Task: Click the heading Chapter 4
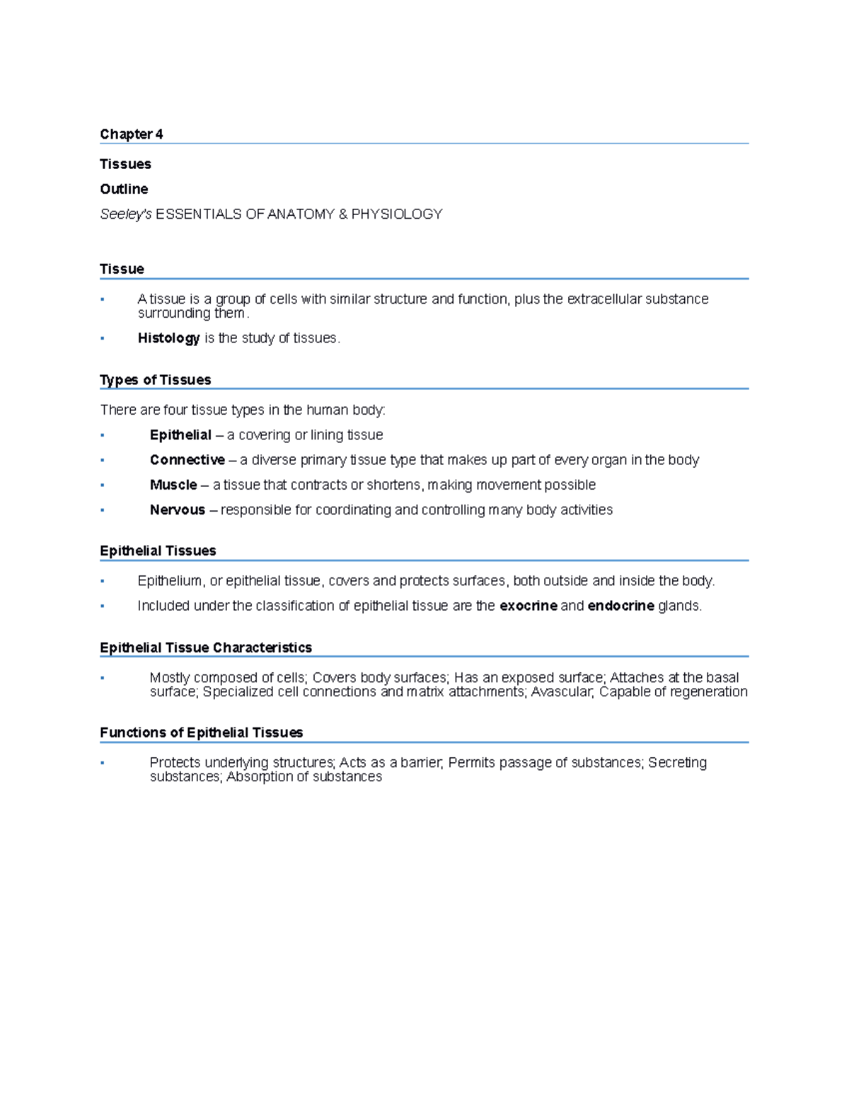pyautogui.click(x=131, y=134)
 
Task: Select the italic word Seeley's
pyautogui.click(x=126, y=214)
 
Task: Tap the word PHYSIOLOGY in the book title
pyautogui.click(x=396, y=214)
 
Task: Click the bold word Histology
pyautogui.click(x=168, y=338)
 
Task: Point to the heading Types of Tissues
pyautogui.click(x=156, y=380)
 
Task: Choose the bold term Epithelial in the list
pyautogui.click(x=180, y=435)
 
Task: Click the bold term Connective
pyautogui.click(x=187, y=460)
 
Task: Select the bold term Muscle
pyautogui.click(x=173, y=485)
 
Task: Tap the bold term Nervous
pyautogui.click(x=177, y=510)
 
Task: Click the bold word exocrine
pyautogui.click(x=528, y=606)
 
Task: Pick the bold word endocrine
pyautogui.click(x=620, y=606)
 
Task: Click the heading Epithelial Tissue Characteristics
pyautogui.click(x=206, y=648)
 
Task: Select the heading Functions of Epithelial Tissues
pyautogui.click(x=202, y=732)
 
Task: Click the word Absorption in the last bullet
pyautogui.click(x=255, y=777)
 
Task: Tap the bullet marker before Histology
pyautogui.click(x=103, y=338)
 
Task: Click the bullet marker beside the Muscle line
pyautogui.click(x=103, y=485)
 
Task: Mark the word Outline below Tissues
pyautogui.click(x=124, y=189)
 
